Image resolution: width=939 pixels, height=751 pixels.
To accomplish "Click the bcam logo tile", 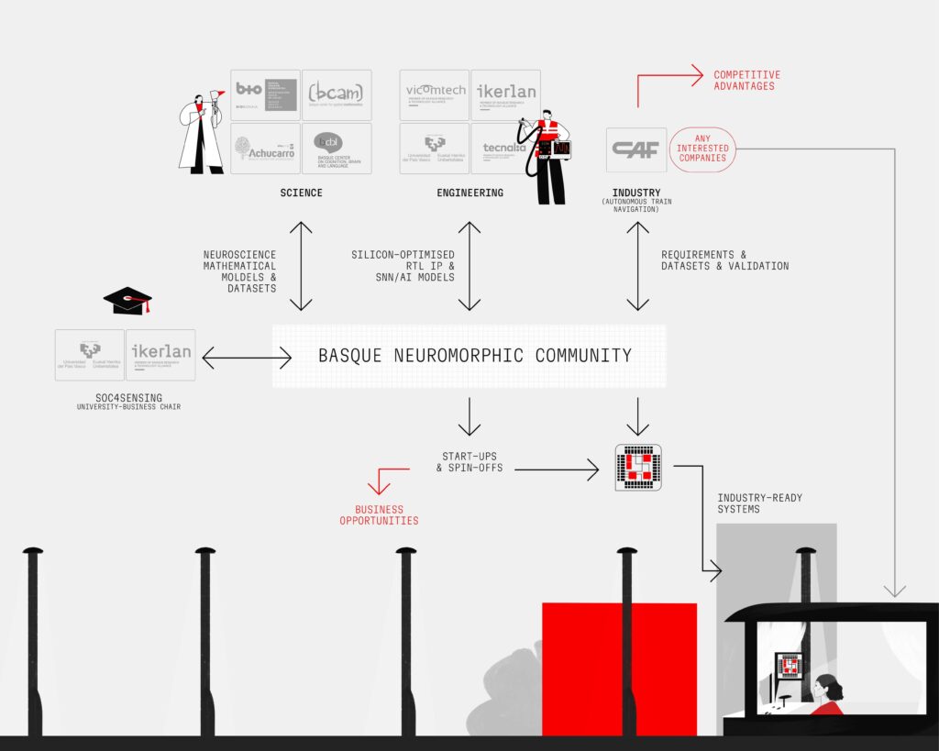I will [x=337, y=94].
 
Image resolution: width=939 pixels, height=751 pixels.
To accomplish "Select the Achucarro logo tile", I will [x=265, y=149].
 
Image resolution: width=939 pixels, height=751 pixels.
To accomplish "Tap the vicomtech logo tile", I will [x=434, y=94].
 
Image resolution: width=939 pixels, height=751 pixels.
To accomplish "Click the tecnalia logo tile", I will [x=505, y=149].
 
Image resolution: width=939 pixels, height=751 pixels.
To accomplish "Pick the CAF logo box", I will [x=636, y=149].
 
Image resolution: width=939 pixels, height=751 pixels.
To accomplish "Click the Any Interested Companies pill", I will [x=702, y=149].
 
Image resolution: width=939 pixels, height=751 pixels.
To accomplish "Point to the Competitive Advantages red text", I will [x=746, y=80].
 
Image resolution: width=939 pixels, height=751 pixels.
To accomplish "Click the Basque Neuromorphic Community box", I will [x=469, y=355].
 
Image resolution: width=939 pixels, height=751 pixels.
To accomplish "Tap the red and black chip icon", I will [x=637, y=467].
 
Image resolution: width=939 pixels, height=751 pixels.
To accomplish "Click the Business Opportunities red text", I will [x=379, y=514].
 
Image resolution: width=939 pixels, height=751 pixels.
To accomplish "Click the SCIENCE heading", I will [x=301, y=193].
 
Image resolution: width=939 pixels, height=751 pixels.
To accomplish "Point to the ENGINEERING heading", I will [x=469, y=193].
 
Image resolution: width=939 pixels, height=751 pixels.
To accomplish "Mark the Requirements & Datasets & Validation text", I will [x=724, y=260].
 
